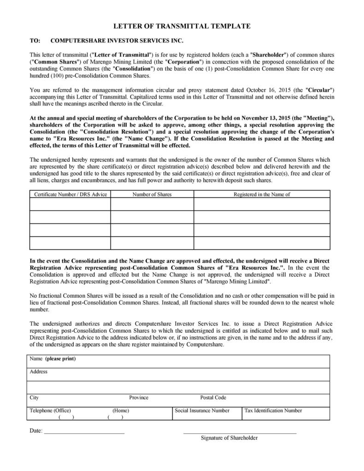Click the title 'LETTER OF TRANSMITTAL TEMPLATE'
point(182,26)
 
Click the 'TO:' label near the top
point(35,40)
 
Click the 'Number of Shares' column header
point(152,194)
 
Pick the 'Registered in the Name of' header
point(262,194)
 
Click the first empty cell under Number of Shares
point(152,204)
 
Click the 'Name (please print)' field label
point(53,359)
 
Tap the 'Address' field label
point(39,371)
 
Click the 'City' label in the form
point(35,397)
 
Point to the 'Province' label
point(139,397)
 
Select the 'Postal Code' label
point(213,397)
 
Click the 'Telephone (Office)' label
point(50,410)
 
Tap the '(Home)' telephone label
point(121,410)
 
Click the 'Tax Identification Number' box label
point(273,410)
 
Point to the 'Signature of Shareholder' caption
point(229,438)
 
